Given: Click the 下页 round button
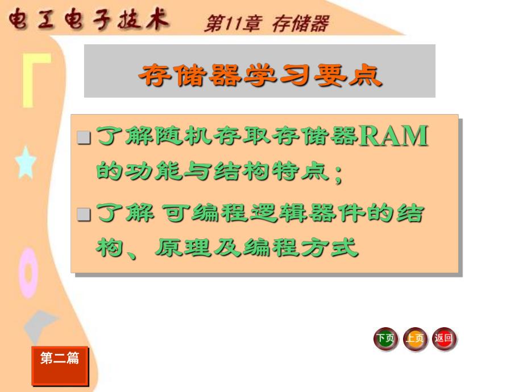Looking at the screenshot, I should [385, 339].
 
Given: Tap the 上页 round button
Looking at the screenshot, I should [415, 339].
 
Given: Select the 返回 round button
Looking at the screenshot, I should [444, 339].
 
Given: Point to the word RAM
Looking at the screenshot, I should [394, 137].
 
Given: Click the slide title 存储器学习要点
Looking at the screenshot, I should [260, 75].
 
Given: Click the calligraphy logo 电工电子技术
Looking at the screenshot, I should [88, 20].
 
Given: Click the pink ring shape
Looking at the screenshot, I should [28, 275].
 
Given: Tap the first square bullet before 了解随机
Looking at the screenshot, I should [84, 138].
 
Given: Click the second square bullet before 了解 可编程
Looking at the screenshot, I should [84, 214].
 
